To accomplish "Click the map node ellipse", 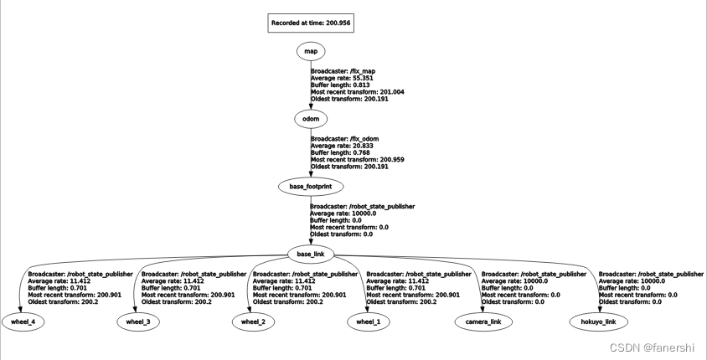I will (310, 52).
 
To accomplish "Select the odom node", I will (310, 119).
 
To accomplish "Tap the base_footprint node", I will (310, 187).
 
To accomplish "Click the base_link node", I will (310, 254).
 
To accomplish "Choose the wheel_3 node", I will (137, 321).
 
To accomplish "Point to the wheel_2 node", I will (252, 321).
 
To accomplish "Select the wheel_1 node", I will (369, 321).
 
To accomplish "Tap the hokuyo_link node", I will (598, 321).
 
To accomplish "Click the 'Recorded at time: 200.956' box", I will (311, 23).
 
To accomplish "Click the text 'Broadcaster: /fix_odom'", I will (346, 138).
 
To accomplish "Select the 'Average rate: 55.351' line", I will (342, 79).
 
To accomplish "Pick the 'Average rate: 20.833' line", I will (342, 145).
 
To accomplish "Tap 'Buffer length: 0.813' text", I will (341, 85).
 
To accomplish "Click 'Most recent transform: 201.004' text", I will (358, 92).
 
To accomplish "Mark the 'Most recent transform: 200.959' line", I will (358, 159).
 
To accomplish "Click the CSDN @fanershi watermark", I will (657, 347).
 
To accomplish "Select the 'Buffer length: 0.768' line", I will (341, 152).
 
